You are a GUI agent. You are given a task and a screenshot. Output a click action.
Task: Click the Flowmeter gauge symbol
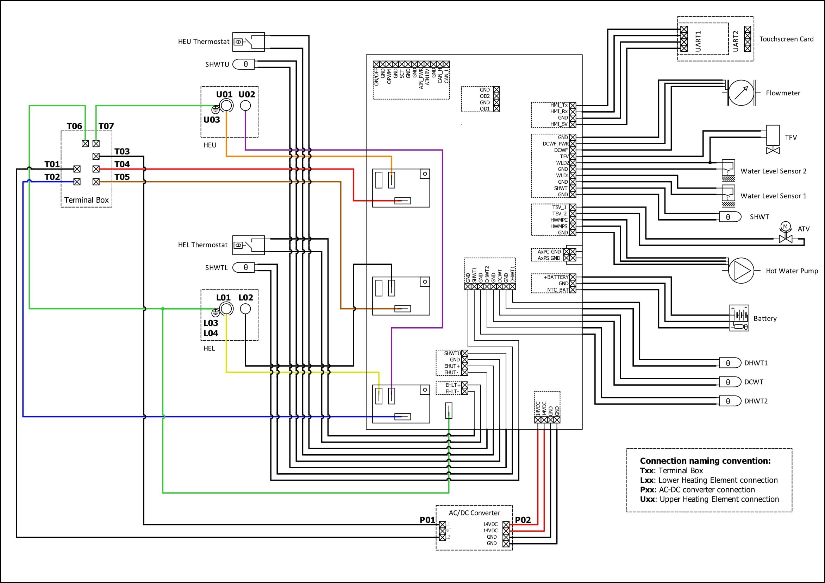[x=740, y=93]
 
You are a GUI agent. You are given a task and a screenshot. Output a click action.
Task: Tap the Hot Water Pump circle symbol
[x=740, y=271]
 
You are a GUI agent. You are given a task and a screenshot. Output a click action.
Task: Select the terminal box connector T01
[x=77, y=169]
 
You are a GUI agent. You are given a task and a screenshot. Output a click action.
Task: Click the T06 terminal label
[x=74, y=126]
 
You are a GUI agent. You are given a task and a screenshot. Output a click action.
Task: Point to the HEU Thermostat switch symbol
[x=248, y=42]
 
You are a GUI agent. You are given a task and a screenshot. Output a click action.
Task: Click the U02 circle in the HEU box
[x=245, y=106]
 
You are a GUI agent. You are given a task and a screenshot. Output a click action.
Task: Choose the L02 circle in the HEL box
[x=245, y=309]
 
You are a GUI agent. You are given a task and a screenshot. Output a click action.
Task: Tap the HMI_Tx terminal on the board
[x=573, y=105]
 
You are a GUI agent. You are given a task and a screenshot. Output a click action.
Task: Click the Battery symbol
[x=739, y=318]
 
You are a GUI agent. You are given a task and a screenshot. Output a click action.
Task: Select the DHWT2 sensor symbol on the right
[x=730, y=401]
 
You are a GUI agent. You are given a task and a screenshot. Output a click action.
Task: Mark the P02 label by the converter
[x=523, y=520]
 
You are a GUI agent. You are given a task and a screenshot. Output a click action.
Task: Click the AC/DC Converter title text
[x=474, y=513]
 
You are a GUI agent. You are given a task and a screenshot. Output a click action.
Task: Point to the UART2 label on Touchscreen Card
[x=736, y=41]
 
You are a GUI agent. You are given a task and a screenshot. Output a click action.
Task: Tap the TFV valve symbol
[x=773, y=140]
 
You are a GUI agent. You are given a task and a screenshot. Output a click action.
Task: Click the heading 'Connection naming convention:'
[x=705, y=461]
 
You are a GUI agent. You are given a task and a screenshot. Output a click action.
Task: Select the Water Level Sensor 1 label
[x=773, y=196]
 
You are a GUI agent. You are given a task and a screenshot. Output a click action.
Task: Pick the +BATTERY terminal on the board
[x=573, y=277]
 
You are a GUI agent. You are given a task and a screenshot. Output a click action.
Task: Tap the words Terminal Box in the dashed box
[x=86, y=200]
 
